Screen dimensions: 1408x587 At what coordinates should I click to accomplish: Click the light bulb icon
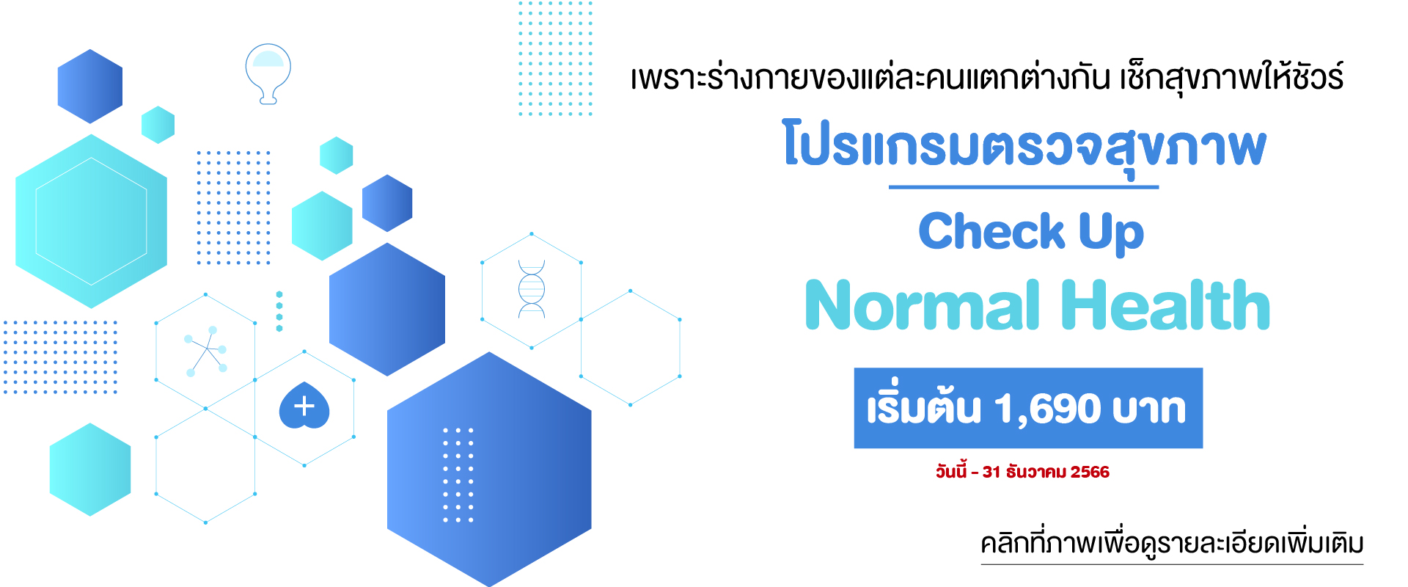click(x=268, y=73)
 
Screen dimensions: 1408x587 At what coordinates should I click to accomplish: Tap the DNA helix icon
click(x=532, y=289)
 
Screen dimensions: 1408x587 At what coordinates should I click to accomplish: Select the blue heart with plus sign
click(x=304, y=405)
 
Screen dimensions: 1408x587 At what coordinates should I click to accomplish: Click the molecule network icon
click(x=205, y=351)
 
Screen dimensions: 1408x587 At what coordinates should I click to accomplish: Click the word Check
click(x=991, y=231)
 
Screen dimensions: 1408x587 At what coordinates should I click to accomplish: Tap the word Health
click(x=1165, y=305)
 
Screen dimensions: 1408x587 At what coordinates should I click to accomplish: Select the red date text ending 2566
click(x=1022, y=471)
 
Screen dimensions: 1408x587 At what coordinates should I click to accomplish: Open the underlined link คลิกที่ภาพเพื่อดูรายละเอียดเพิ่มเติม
click(x=1172, y=544)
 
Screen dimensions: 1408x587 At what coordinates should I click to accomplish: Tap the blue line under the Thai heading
click(x=1024, y=187)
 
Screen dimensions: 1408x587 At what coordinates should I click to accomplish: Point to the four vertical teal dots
click(x=279, y=312)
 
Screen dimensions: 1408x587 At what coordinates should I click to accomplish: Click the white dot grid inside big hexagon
click(x=458, y=475)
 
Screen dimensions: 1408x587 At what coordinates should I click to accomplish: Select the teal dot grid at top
click(x=555, y=58)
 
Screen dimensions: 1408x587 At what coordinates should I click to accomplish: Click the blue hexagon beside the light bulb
click(x=90, y=86)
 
